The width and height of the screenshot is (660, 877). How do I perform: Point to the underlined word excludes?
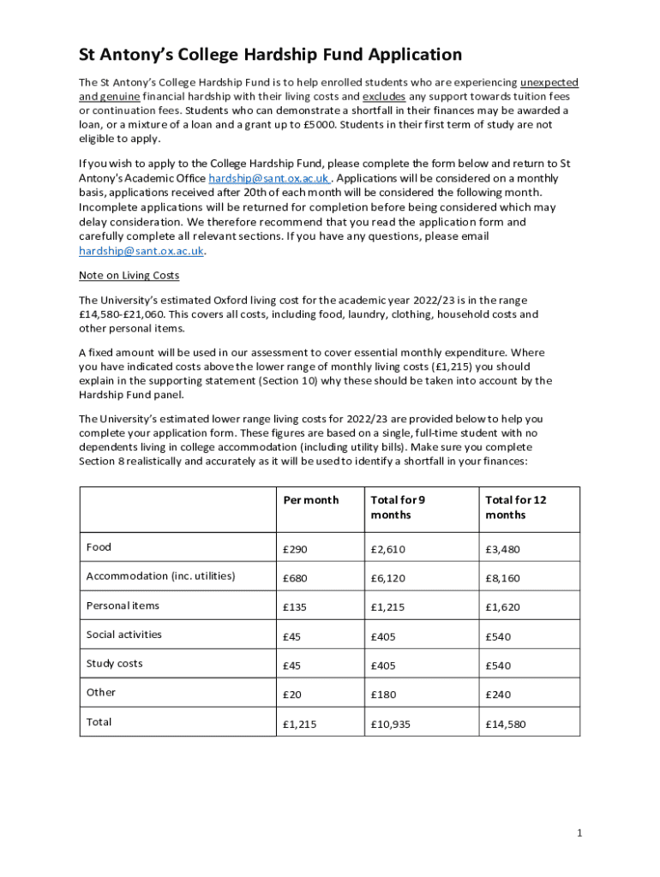tap(384, 97)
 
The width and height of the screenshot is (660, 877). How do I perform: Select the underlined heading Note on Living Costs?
tap(129, 276)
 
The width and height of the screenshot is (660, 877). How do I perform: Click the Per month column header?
tap(310, 500)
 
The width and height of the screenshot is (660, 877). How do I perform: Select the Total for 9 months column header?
tap(398, 507)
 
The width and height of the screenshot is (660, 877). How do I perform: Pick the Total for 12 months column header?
tap(515, 507)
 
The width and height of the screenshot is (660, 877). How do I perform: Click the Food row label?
tap(99, 547)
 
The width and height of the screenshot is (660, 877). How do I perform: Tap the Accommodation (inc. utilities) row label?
tap(160, 576)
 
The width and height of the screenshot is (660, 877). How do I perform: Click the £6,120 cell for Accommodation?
tap(390, 578)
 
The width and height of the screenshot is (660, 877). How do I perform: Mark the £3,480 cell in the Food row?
tap(502, 549)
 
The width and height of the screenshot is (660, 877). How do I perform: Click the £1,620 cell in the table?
tap(502, 607)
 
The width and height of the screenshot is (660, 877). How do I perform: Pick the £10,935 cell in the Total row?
tap(391, 724)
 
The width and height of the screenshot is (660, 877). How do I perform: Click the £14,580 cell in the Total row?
tap(506, 724)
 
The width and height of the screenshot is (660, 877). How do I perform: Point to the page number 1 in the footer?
tap(579, 833)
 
